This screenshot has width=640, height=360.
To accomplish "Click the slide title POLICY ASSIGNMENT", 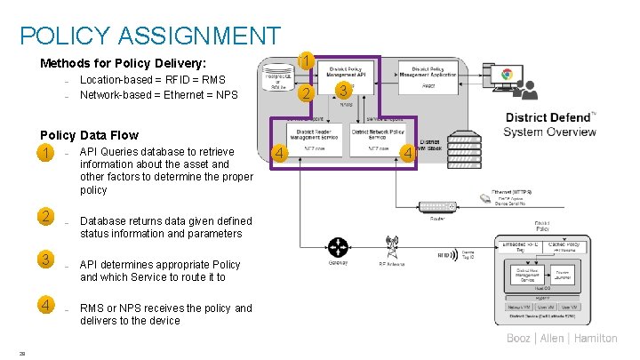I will pos(149,36).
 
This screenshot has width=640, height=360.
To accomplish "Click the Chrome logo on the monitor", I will pos(505,77).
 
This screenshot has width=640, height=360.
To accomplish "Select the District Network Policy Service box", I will pos(378,136).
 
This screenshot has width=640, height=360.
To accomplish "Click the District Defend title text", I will pos(549,117).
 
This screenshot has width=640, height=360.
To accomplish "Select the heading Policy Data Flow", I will pos(89,135).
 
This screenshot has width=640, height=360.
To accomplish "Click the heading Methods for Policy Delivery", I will pos(123,63).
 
